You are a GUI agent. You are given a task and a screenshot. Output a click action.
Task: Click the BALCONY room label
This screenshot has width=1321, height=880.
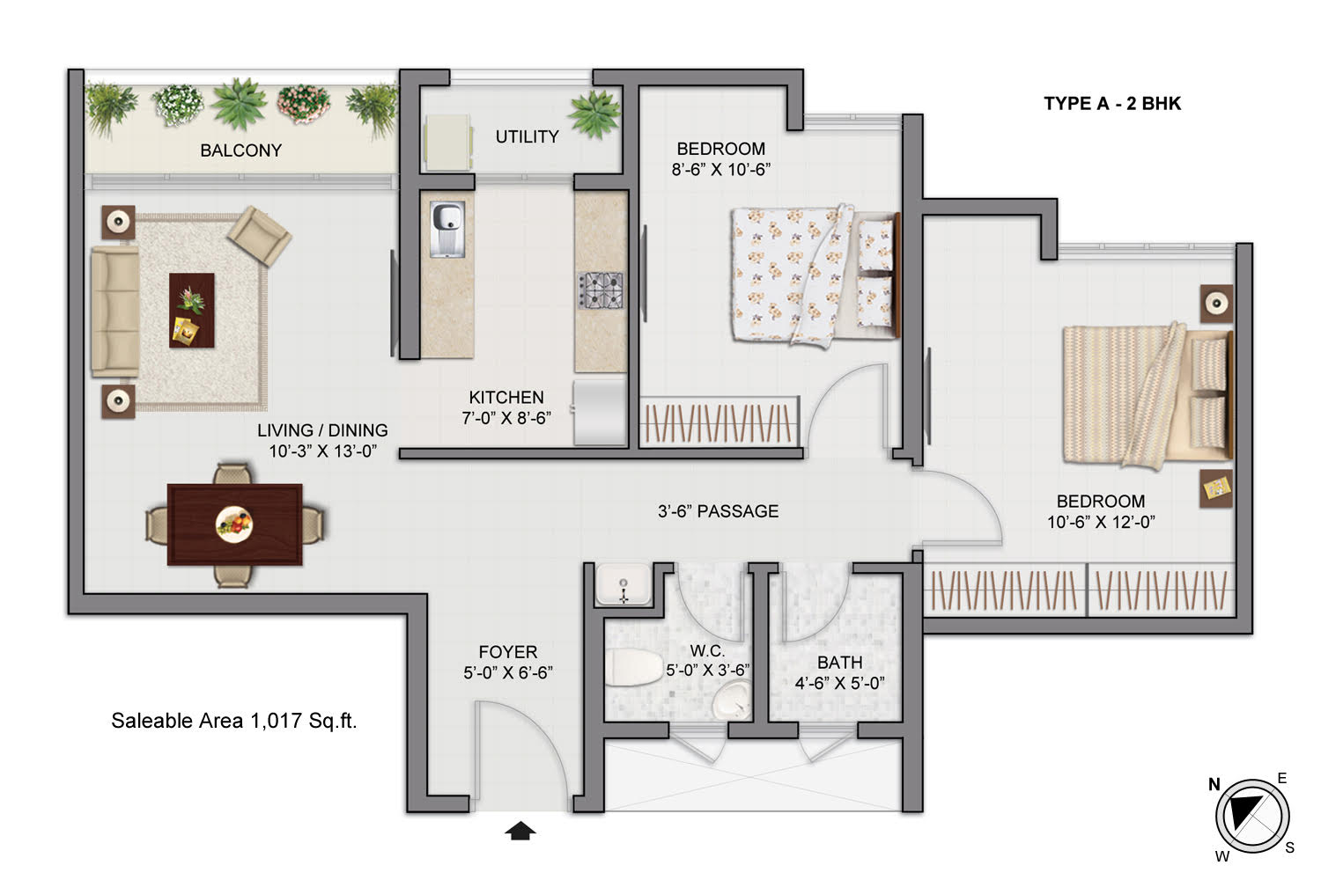click(240, 150)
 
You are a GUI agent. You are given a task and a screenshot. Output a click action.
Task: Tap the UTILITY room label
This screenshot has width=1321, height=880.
click(527, 136)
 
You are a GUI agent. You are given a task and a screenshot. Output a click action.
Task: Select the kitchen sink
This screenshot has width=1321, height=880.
click(447, 230)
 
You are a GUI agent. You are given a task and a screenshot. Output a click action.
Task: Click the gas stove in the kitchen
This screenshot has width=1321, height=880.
click(600, 290)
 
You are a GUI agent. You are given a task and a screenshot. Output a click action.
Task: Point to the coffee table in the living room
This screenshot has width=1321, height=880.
click(191, 310)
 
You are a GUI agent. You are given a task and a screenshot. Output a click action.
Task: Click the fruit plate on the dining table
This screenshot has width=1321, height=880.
click(234, 524)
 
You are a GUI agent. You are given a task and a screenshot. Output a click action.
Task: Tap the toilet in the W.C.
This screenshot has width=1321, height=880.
click(633, 668)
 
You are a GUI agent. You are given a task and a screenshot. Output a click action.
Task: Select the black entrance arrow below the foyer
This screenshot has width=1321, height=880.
click(520, 831)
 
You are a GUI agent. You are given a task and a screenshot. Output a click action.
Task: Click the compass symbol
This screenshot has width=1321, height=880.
click(1251, 815)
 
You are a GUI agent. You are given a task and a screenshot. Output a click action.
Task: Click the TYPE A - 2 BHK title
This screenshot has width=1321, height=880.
click(1111, 103)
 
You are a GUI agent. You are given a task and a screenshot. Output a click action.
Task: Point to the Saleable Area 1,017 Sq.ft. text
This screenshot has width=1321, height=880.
click(233, 721)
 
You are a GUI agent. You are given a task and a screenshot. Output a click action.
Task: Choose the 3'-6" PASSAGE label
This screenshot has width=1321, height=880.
click(718, 511)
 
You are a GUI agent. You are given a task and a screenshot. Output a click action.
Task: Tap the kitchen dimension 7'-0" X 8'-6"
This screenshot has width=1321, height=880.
click(506, 418)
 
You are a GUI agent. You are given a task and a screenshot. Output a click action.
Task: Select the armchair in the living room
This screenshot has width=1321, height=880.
click(259, 235)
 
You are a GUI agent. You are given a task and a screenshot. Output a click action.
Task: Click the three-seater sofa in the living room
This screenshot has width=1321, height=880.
click(114, 311)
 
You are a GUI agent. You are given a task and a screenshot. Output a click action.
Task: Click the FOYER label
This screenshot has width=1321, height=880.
click(507, 652)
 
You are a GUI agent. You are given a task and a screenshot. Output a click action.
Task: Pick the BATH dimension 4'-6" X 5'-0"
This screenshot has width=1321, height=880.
click(839, 683)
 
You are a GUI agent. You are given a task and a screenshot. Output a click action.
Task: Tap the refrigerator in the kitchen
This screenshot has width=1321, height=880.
click(600, 412)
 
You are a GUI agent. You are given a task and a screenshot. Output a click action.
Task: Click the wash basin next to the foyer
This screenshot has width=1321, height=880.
click(624, 584)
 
